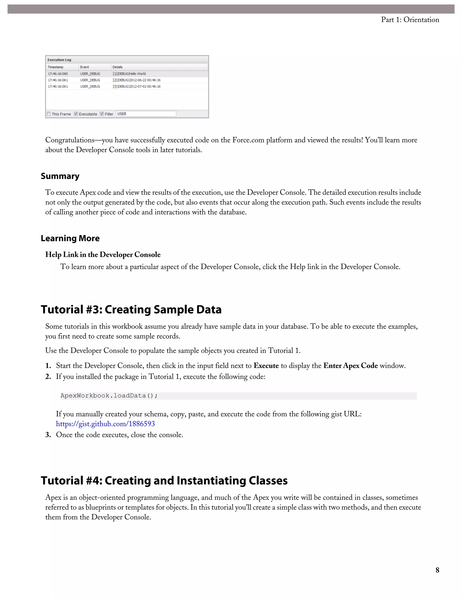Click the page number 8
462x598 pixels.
click(437, 570)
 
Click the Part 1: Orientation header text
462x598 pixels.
click(410, 20)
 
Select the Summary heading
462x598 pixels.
click(60, 176)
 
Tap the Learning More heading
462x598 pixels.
click(70, 238)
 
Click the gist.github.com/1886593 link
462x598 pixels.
click(105, 424)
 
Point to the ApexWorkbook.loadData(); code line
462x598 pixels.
click(109, 396)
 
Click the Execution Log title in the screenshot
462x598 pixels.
click(59, 60)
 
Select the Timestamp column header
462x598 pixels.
click(55, 67)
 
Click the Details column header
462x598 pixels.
click(117, 67)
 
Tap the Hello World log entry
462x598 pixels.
click(129, 74)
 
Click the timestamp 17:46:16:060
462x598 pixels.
click(58, 74)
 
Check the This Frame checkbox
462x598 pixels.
click(49, 114)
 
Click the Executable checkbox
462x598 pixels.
click(76, 114)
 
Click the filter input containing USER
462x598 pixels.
click(146, 114)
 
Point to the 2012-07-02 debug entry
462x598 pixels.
click(136, 86)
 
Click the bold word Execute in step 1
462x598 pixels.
click(266, 366)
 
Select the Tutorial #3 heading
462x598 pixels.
click(131, 310)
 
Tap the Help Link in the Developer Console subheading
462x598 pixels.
click(103, 255)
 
